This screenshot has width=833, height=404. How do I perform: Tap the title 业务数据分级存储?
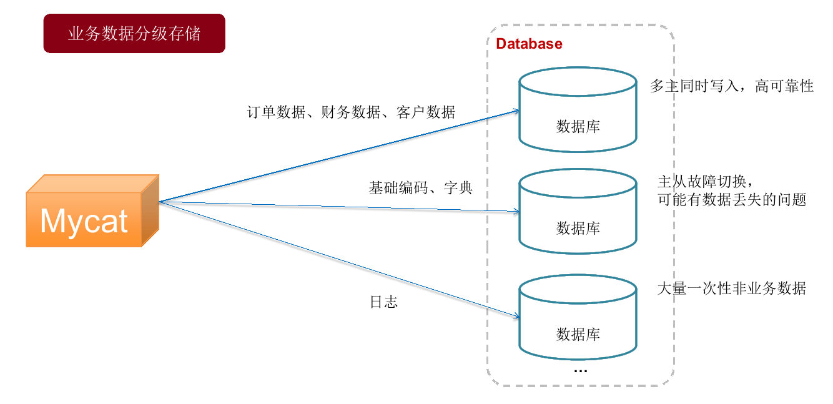pyautogui.click(x=134, y=34)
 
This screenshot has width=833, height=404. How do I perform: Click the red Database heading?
pyautogui.click(x=529, y=44)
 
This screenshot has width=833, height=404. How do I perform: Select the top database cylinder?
pyautogui.click(x=578, y=111)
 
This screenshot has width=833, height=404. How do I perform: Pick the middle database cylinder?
pyautogui.click(x=578, y=212)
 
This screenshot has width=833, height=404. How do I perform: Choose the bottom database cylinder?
pyautogui.click(x=578, y=318)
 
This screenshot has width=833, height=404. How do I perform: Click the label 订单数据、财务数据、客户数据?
pyautogui.click(x=351, y=113)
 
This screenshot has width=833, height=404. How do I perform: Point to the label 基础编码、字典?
pyautogui.click(x=420, y=187)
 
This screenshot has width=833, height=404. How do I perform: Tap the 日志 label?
pyautogui.click(x=384, y=303)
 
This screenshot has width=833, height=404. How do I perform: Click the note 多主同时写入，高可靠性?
pyautogui.click(x=732, y=87)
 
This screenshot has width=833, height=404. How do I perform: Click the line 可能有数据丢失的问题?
pyautogui.click(x=732, y=200)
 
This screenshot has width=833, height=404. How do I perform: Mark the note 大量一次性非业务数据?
pyautogui.click(x=732, y=288)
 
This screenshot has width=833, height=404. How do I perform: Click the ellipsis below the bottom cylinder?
pyautogui.click(x=580, y=370)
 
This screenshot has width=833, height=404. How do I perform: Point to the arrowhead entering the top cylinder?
pyautogui.click(x=516, y=111)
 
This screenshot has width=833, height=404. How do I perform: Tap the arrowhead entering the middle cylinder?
pyautogui.click(x=516, y=212)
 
